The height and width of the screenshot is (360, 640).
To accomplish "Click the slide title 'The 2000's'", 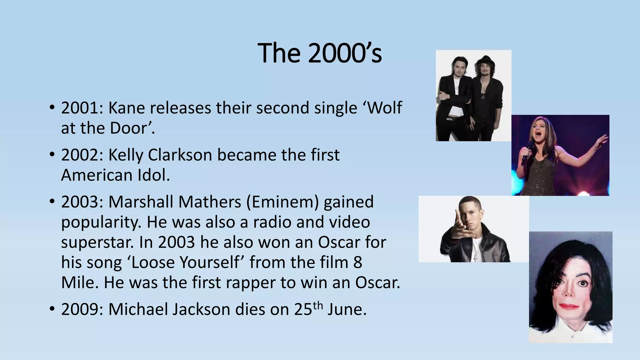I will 319,53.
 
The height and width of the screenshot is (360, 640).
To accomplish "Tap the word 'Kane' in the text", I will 127,108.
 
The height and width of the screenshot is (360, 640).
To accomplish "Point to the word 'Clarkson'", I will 180,155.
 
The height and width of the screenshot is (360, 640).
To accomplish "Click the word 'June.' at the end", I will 347,309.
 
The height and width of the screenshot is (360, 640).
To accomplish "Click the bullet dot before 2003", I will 52,202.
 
